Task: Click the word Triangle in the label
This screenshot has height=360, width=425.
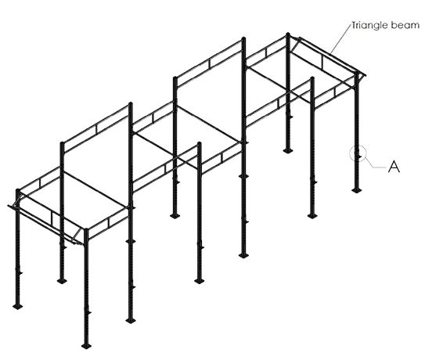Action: pyautogui.click(x=369, y=26)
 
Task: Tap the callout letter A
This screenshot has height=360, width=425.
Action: pyautogui.click(x=394, y=166)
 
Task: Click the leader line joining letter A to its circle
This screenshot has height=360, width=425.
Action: pyautogui.click(x=376, y=164)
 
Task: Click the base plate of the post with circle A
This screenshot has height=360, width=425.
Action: pyautogui.click(x=357, y=191)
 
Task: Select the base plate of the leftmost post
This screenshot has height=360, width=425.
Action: pyautogui.click(x=18, y=306)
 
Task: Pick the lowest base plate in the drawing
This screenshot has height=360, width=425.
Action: pyautogui.click(x=87, y=346)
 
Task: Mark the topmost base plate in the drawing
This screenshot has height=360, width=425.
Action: pyautogui.click(x=287, y=151)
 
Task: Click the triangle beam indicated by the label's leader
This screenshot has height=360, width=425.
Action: pyautogui.click(x=333, y=56)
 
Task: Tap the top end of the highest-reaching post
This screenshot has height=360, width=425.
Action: pyautogui.click(x=288, y=34)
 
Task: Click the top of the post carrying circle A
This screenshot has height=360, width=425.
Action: pyautogui.click(x=357, y=73)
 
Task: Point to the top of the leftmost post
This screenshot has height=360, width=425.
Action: pyautogui.click(x=18, y=190)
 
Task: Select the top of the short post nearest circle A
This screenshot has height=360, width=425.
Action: pyautogui.click(x=312, y=78)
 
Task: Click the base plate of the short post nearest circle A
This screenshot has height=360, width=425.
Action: pyautogui.click(x=312, y=216)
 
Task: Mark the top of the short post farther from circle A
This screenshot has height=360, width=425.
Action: pyautogui.click(x=200, y=143)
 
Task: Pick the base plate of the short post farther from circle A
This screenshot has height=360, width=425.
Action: pyautogui.click(x=200, y=281)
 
